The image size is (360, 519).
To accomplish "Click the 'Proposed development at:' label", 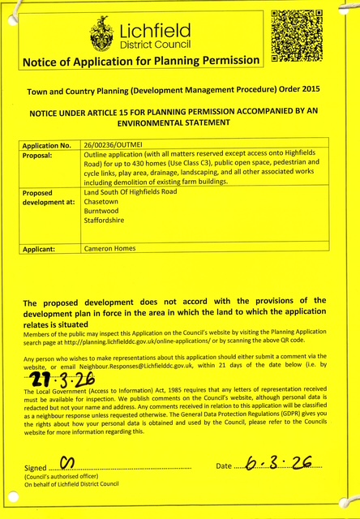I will coord(49,198).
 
